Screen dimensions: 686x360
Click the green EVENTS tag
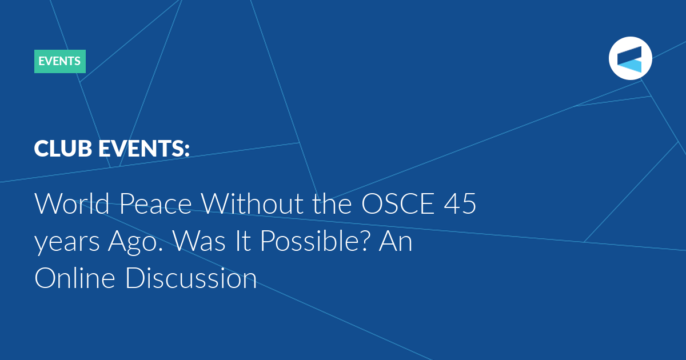pyautogui.click(x=60, y=61)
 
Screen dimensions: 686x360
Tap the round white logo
pyautogui.click(x=630, y=58)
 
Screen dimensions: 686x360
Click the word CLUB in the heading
pyautogui.click(x=63, y=149)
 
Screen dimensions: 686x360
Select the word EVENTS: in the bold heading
pyautogui.click(x=144, y=149)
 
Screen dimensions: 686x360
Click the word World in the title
pyautogui.click(x=72, y=203)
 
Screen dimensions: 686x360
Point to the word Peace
pyautogui.click(x=155, y=203)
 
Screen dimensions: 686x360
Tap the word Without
pyautogui.click(x=253, y=203)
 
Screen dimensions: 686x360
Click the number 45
pyautogui.click(x=460, y=203)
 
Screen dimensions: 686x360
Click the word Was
pyautogui.click(x=200, y=241)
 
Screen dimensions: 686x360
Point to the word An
pyautogui.click(x=396, y=241)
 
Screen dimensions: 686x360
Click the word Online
pyautogui.click(x=75, y=278)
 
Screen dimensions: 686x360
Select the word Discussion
pyautogui.click(x=191, y=278)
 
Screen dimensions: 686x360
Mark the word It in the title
pyautogui.click(x=243, y=241)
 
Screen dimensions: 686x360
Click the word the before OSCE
pyautogui.click(x=332, y=203)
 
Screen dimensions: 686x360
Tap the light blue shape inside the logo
pyautogui.click(x=631, y=66)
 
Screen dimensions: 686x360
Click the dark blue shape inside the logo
pyautogui.click(x=629, y=55)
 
